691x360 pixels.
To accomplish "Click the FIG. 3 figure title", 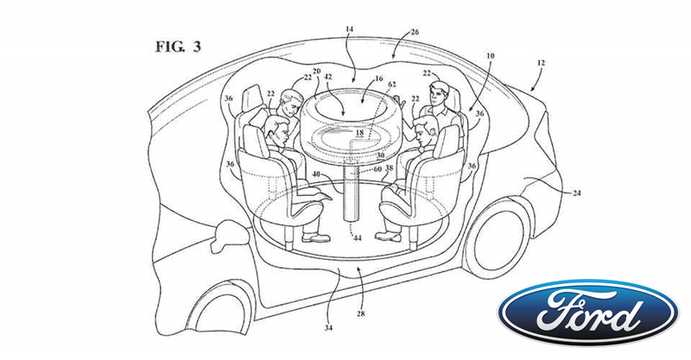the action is click(178, 47).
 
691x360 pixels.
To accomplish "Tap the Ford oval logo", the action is click(588, 312).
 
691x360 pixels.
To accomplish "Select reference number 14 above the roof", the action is click(350, 29).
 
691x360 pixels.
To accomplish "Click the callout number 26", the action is click(415, 32).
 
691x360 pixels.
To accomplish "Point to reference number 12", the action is click(541, 63).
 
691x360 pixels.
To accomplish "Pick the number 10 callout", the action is click(490, 56).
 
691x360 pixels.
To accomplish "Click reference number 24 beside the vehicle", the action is click(576, 193).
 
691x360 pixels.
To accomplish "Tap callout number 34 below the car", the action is click(329, 328).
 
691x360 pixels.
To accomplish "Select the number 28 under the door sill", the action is click(361, 314).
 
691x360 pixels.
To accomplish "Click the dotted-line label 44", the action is click(358, 238).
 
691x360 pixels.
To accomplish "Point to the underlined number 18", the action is click(359, 133).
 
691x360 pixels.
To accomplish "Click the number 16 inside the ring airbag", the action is click(378, 79).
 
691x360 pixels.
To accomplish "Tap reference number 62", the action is click(392, 84).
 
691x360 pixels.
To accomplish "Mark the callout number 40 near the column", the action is click(317, 174).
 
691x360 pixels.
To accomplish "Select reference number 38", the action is click(389, 167).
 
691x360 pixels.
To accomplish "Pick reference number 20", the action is click(316, 71).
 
